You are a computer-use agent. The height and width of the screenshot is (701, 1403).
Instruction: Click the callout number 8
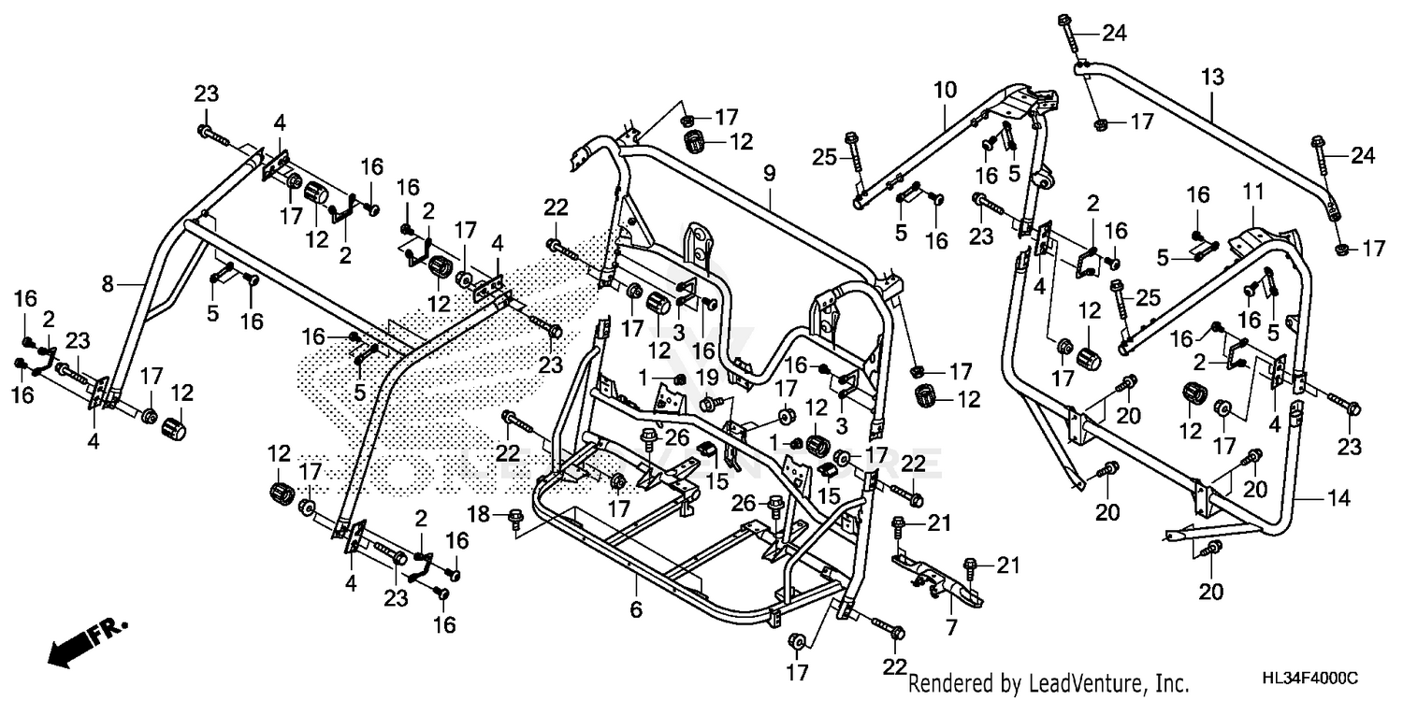[108, 284]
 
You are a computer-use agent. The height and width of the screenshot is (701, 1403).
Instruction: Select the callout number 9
[770, 172]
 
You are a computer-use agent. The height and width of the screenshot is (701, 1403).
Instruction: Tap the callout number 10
[945, 90]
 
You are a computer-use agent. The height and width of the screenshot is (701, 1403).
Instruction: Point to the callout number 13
[1212, 79]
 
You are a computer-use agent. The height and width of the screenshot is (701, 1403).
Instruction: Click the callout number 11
[1253, 193]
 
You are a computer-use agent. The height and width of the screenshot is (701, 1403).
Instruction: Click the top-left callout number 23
[207, 93]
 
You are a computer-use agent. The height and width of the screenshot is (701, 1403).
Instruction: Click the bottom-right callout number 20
[1212, 591]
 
